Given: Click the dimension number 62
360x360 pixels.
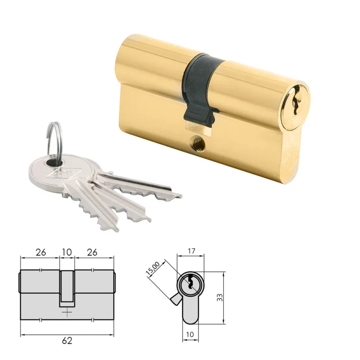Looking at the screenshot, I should (x=67, y=340).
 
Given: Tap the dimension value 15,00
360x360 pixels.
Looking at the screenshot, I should (x=153, y=269).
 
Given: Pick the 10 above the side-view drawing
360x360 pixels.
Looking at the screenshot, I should (x=67, y=252).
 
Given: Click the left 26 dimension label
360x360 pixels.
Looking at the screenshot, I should (x=40, y=252).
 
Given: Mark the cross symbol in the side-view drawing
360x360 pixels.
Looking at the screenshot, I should (x=67, y=311).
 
